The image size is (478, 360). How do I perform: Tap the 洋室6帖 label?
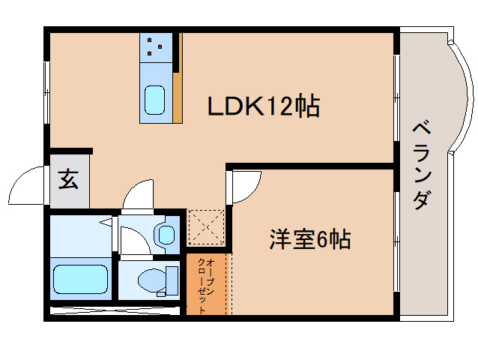pyautogui.click(x=309, y=240)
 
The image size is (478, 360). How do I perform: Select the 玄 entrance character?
pyautogui.click(x=69, y=181)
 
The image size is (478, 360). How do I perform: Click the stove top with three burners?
pyautogui.click(x=156, y=46)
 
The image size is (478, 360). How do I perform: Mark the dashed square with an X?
pyautogui.click(x=205, y=228)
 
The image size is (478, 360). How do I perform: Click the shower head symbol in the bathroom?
pyautogui.click(x=105, y=223)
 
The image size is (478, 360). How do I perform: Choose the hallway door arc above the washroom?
pyautogui.click(x=139, y=195)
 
